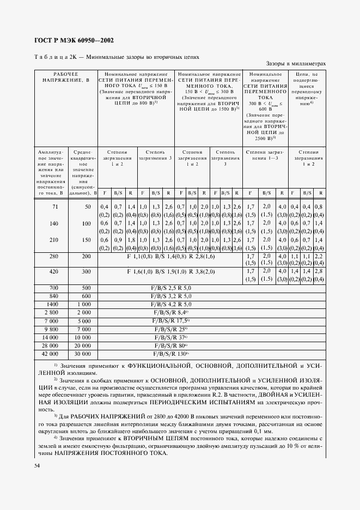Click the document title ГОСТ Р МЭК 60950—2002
pyautogui.click(x=73, y=40)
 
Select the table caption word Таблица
pyautogui.click(x=53, y=56)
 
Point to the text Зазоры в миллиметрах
pyautogui.click(x=296, y=64)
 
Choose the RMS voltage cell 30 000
pyautogui.click(x=83, y=354)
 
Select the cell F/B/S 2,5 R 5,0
pyautogui.click(x=171, y=287)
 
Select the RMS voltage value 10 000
pyautogui.click(x=83, y=337)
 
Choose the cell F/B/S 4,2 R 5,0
pyautogui.click(x=171, y=303)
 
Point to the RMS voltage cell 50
pyautogui.click(x=88, y=207)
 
